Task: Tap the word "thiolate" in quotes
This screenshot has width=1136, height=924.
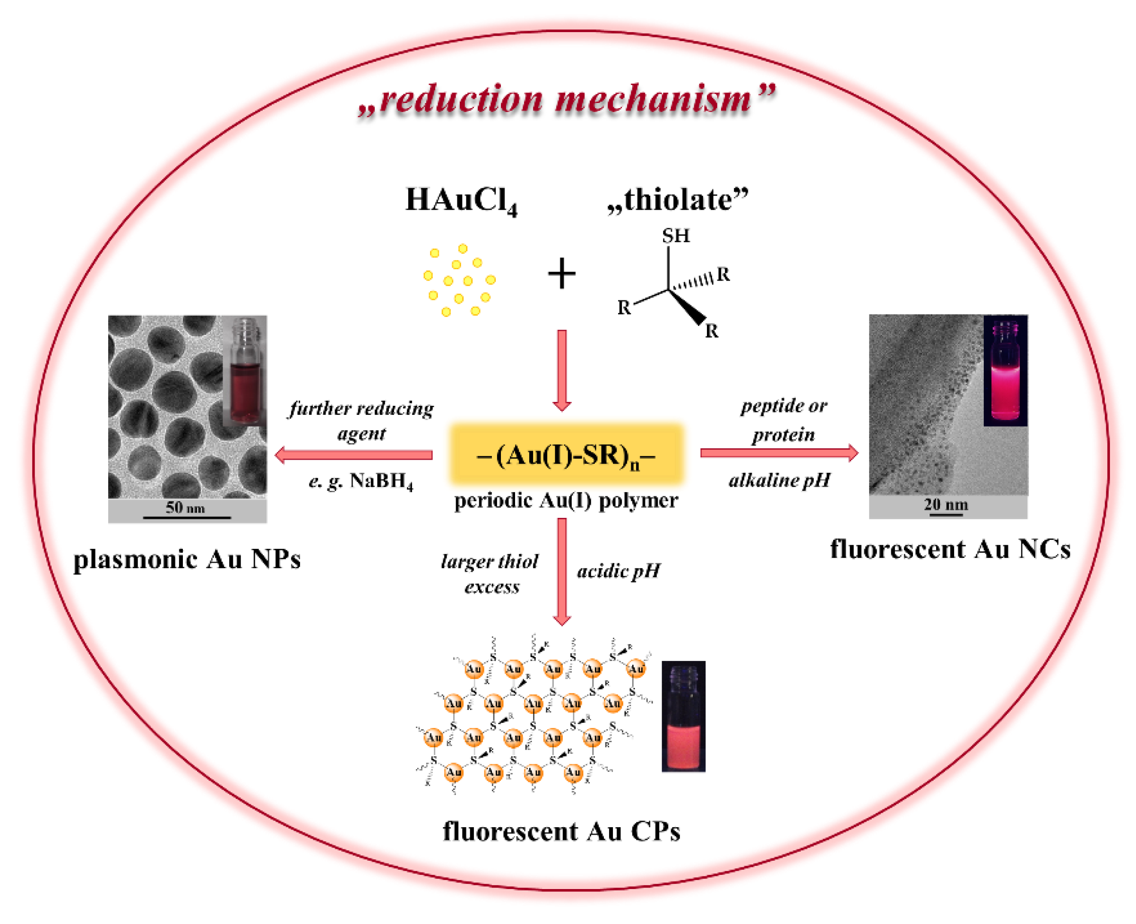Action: point(677,200)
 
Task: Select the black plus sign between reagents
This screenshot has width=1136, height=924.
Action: point(561,274)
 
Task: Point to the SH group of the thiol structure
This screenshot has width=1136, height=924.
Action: point(676,235)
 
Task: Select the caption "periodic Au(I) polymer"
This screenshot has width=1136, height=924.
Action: point(566,501)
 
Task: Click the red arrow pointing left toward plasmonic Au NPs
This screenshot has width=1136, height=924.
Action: point(354,455)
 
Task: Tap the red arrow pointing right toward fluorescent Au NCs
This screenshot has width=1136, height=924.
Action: point(778,453)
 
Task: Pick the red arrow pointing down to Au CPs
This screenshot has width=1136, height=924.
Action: point(561,572)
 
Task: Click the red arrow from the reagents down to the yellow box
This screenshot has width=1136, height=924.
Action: point(561,370)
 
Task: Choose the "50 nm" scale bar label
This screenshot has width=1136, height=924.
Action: point(185,507)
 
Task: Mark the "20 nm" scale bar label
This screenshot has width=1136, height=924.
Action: point(946,505)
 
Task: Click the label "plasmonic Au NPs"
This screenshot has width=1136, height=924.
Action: point(187,560)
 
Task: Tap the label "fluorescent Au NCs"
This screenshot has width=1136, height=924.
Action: point(950,550)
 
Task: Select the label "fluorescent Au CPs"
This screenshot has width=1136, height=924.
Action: point(561,832)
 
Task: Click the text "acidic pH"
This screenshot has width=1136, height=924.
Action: point(619,572)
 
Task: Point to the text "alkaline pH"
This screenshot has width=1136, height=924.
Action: point(779,480)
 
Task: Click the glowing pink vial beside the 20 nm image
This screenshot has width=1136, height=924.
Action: point(1005,371)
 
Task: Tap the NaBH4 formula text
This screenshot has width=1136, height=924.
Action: point(381,482)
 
